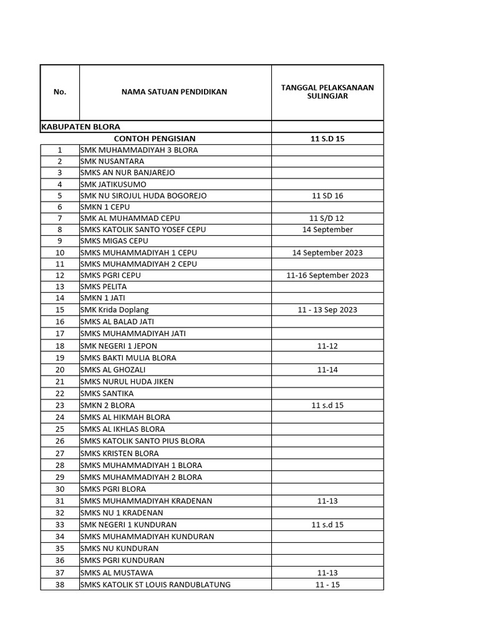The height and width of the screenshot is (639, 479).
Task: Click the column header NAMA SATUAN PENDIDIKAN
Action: point(174,92)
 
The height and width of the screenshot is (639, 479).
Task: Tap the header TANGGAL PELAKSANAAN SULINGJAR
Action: point(327,92)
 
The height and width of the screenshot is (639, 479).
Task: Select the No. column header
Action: point(60,92)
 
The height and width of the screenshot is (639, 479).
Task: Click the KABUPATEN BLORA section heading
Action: point(80,126)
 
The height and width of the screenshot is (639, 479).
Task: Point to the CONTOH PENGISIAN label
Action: point(155,139)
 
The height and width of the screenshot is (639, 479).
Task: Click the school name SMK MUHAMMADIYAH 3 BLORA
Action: point(139,150)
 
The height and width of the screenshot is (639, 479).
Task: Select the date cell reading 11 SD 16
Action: point(327,196)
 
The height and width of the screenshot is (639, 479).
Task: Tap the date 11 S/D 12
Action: point(327,218)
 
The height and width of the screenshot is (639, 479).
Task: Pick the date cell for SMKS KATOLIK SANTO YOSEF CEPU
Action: point(327,230)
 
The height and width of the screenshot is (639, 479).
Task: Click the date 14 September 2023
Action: point(327,253)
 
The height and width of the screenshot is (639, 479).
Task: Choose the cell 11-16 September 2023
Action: point(327,275)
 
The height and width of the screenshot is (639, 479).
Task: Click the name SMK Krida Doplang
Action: point(114,310)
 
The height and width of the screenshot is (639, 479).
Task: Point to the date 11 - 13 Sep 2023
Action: point(327,310)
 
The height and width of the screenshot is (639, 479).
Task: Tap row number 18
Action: point(60,346)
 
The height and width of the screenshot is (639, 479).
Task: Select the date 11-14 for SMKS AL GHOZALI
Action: point(327,369)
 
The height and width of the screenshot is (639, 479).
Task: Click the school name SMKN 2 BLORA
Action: point(107,405)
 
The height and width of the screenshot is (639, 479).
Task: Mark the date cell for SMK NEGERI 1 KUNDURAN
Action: point(327,525)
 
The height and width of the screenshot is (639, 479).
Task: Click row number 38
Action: point(60,585)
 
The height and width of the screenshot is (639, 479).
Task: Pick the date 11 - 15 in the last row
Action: point(327,585)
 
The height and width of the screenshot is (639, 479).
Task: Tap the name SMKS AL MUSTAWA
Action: point(116,573)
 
